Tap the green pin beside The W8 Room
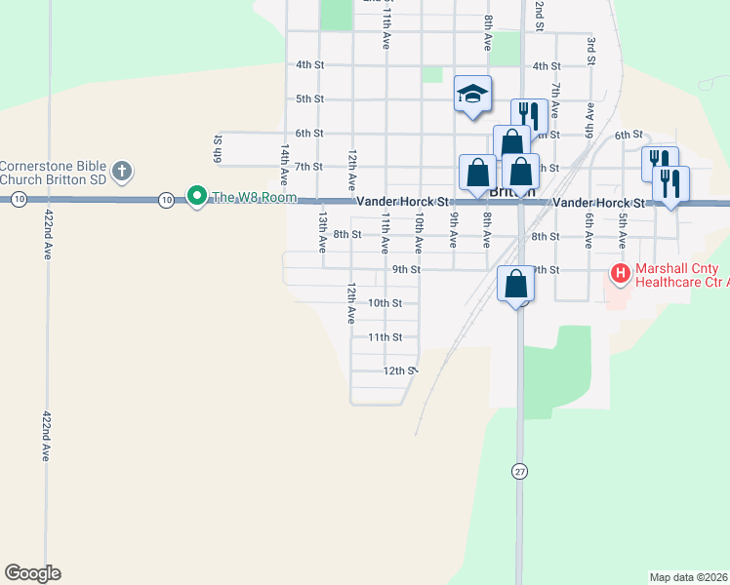196,197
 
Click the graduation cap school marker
472,95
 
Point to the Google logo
32,573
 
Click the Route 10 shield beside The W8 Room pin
167,200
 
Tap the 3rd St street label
591,50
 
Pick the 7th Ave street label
553,100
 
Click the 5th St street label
309,98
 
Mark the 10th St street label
385,303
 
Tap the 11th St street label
385,337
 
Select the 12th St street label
399,371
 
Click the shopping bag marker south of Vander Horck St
516,287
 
